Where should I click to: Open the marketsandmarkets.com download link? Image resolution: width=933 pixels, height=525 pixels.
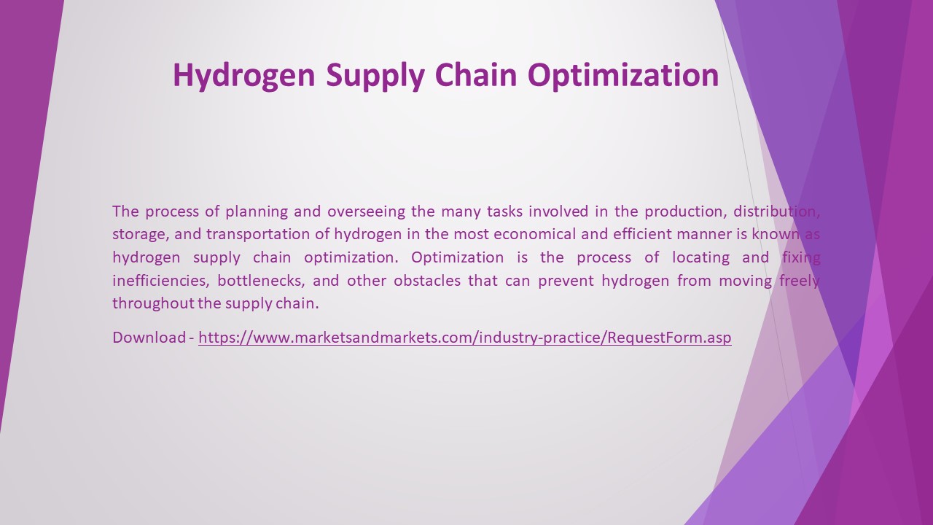click(464, 338)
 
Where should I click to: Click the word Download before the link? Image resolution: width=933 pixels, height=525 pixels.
click(149, 338)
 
